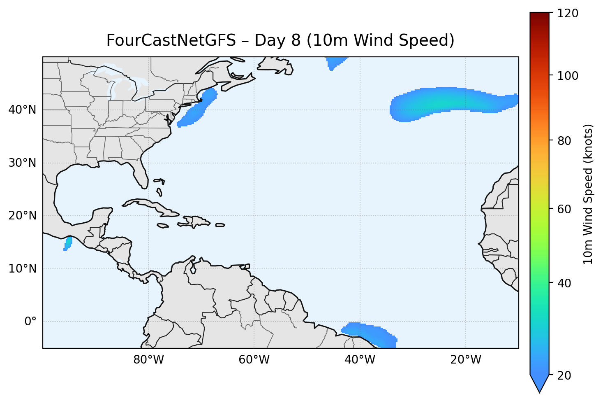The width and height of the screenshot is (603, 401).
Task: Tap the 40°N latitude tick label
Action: [x=22, y=110]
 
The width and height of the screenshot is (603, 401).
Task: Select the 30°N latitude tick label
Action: [x=22, y=163]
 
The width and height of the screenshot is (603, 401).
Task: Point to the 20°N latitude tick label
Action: [x=22, y=216]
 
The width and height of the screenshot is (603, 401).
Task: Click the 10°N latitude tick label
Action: [x=22, y=269]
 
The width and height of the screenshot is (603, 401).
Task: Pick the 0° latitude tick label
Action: [x=30, y=322]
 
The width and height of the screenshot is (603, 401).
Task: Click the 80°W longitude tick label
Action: [x=148, y=360]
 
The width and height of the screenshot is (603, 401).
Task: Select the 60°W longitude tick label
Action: [x=254, y=360]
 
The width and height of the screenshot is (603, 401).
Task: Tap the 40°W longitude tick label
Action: [x=360, y=360]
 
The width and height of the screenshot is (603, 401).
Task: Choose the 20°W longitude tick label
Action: [x=465, y=360]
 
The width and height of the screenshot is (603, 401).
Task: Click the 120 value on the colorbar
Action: [x=568, y=13]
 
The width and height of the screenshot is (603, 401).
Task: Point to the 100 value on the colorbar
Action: [x=568, y=76]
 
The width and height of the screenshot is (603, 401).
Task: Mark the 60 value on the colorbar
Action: [x=566, y=209]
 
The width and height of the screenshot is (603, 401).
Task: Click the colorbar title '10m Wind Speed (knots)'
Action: [x=588, y=194]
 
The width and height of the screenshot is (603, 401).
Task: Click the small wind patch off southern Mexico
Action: [x=68, y=243]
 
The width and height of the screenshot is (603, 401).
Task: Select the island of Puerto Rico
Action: [x=220, y=225]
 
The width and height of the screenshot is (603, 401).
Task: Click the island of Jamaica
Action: [x=163, y=226]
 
